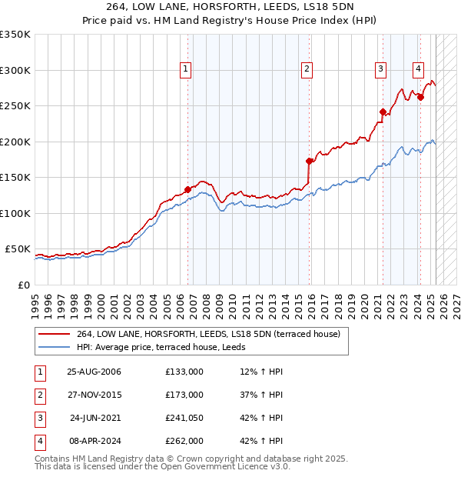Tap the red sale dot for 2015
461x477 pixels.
pos(310,161)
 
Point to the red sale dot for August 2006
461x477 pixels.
pos(187,189)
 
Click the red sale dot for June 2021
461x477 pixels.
pos(383,112)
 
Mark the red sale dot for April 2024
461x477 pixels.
pos(420,97)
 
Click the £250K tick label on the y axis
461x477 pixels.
pos(15,106)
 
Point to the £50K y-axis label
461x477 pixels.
pos(18,249)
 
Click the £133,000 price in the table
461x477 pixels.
pos(184,372)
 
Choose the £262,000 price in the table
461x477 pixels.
pos(184,441)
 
